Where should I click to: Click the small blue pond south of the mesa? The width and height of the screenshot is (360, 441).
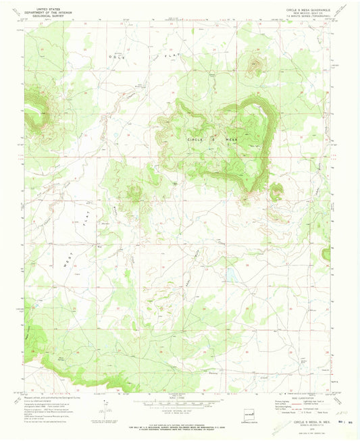tap(232, 276)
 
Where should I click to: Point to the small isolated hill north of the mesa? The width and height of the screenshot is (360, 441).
tap(255, 66)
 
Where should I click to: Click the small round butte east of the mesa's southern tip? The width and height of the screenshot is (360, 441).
tap(276, 192)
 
